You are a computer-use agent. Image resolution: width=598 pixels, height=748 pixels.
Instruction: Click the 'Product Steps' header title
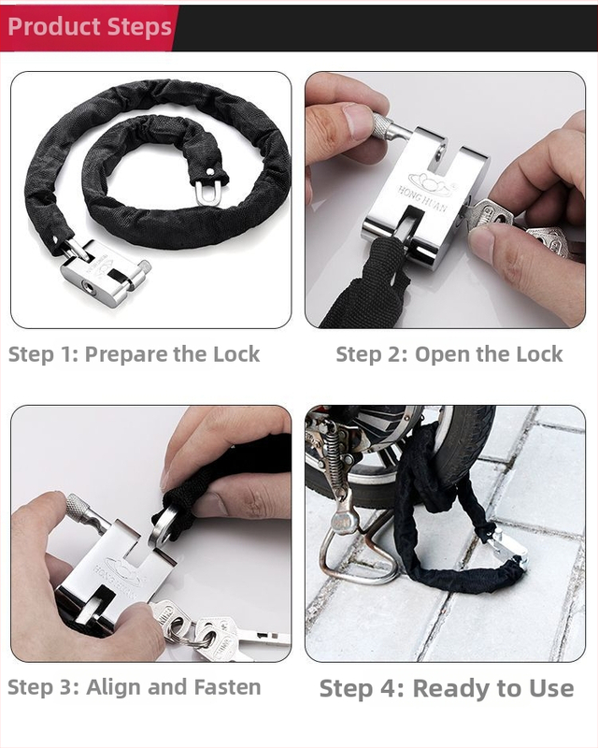point(90,26)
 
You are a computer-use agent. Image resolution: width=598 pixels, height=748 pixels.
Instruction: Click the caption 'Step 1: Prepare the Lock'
point(135,354)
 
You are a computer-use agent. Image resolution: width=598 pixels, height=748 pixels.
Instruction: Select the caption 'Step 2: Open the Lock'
point(448,354)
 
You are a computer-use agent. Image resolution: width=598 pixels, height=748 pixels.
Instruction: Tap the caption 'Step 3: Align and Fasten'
point(135,687)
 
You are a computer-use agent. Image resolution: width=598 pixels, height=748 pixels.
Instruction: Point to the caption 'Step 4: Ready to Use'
point(447,689)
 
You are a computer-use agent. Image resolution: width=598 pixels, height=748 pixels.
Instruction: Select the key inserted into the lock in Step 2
point(490,214)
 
